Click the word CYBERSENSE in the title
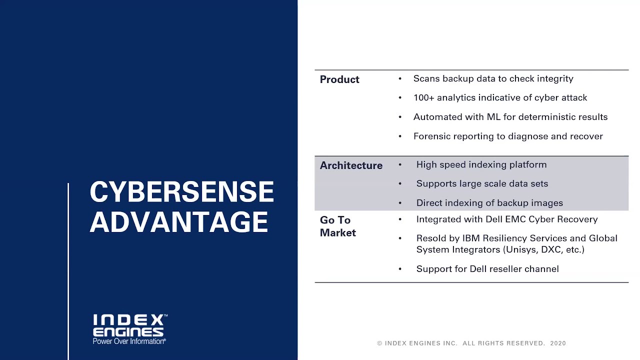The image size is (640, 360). click(181, 192)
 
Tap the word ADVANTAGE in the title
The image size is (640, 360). click(179, 222)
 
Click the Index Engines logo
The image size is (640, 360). click(129, 326)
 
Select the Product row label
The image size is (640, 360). click(339, 79)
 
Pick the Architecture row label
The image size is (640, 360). click(351, 165)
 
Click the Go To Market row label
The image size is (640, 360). click(337, 226)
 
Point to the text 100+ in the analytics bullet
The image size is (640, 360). click(424, 97)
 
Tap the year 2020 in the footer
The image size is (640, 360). click(558, 343)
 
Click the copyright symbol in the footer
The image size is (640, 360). click(379, 343)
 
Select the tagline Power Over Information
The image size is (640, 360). click(129, 341)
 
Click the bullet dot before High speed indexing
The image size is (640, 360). click(400, 164)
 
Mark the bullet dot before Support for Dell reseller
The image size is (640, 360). click(400, 269)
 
